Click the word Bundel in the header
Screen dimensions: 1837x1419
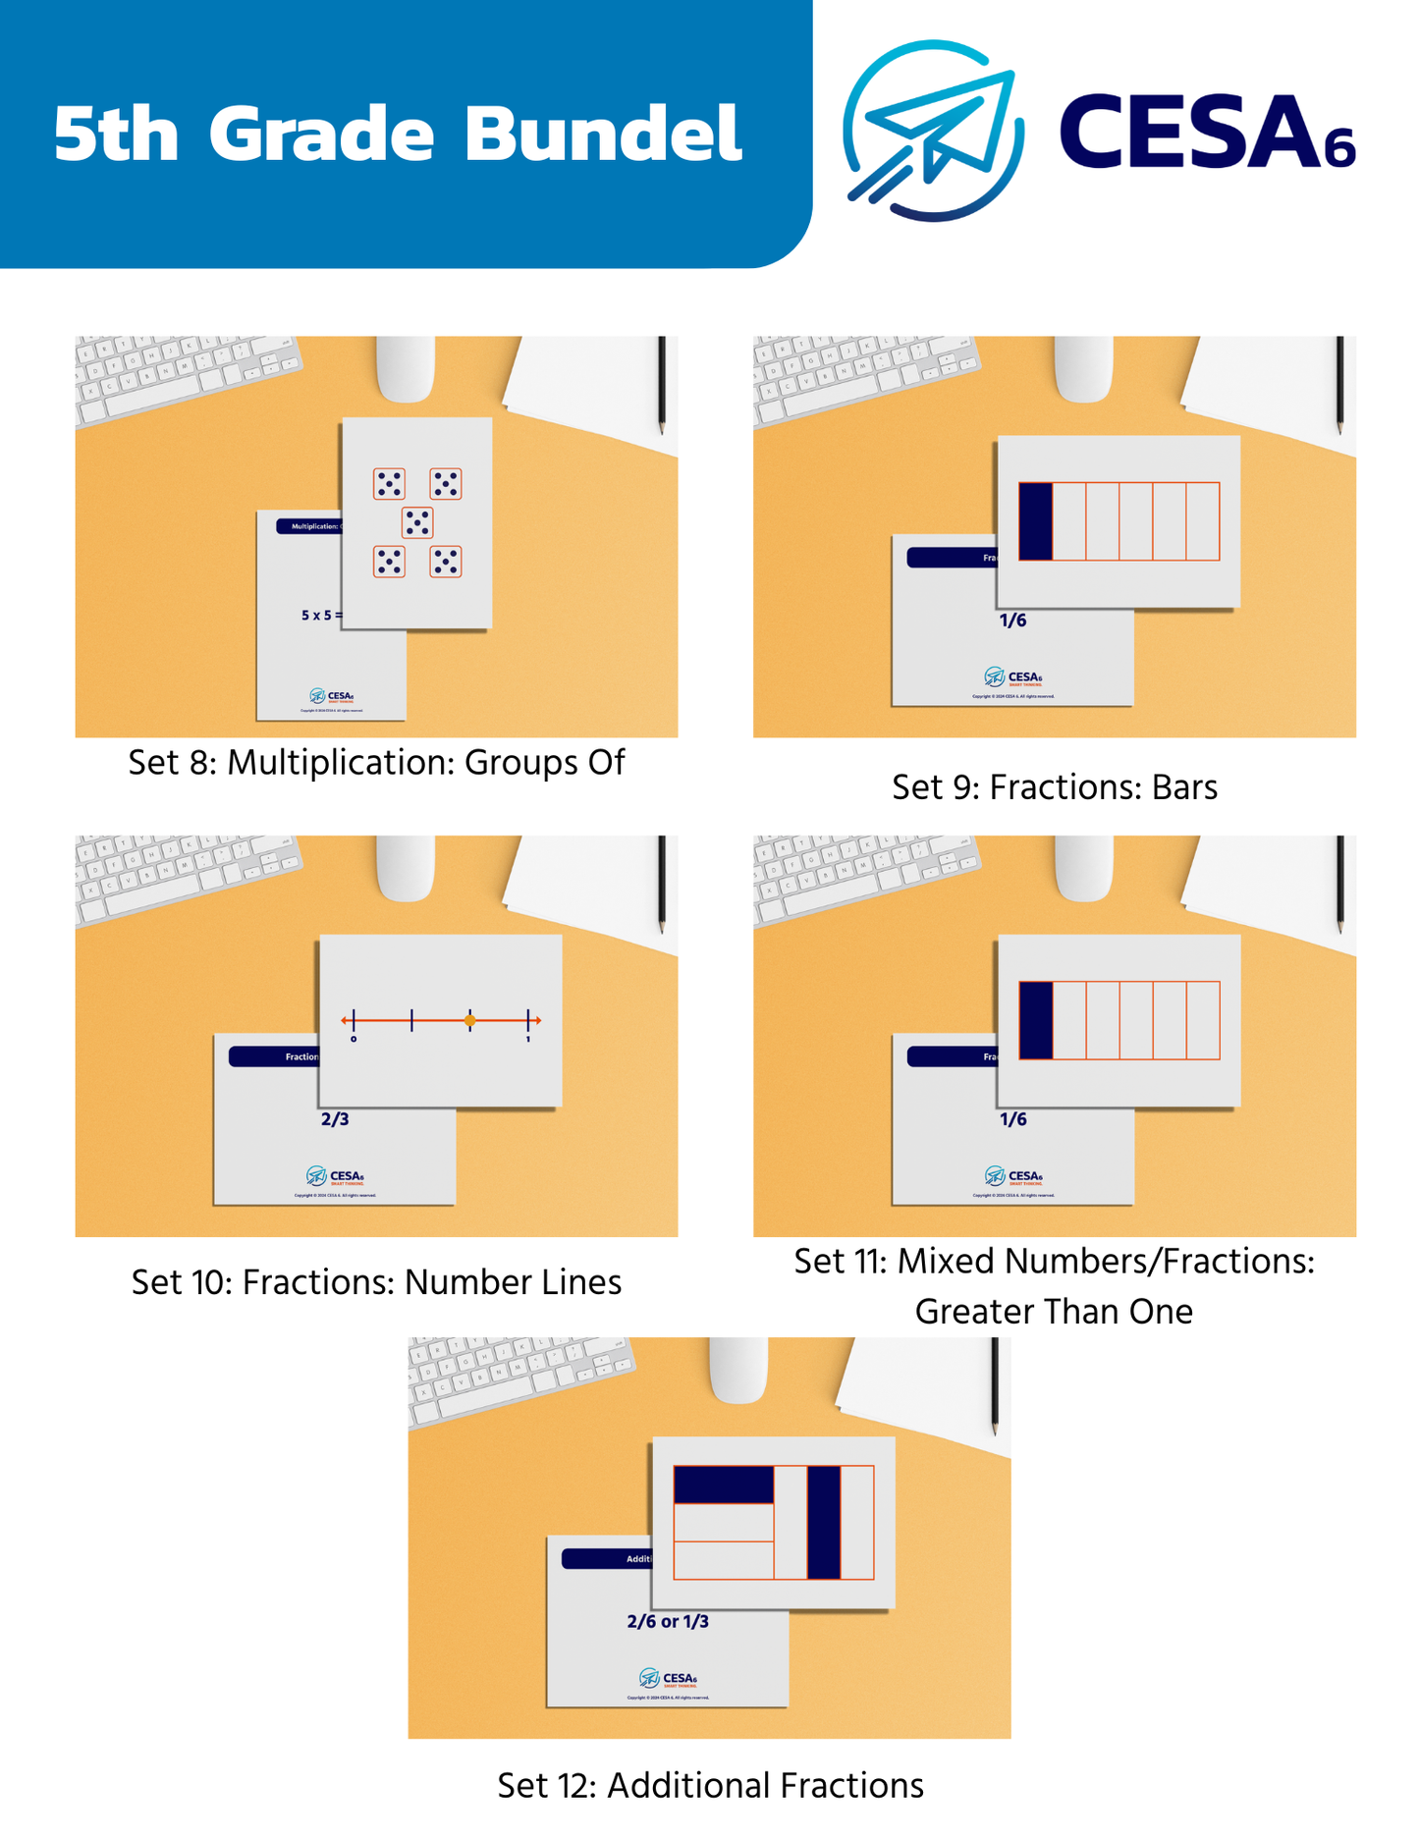click(603, 134)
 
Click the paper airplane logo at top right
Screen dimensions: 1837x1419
click(933, 131)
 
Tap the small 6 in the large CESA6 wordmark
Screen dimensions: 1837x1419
click(1338, 149)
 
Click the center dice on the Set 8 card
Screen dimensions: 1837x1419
click(417, 522)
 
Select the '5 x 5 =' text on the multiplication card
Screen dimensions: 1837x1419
click(321, 616)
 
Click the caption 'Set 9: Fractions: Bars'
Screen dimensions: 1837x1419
click(1054, 787)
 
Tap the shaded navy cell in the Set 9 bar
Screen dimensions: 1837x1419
click(1035, 521)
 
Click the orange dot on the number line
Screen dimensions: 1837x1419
click(469, 1021)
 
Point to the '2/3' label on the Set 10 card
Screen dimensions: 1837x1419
click(335, 1119)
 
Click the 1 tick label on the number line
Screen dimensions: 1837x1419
click(528, 1039)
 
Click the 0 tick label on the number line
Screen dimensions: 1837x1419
click(354, 1039)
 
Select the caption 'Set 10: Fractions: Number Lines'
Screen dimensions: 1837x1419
click(376, 1282)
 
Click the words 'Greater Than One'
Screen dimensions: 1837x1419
click(1054, 1312)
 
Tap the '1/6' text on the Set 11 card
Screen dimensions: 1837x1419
click(1012, 1119)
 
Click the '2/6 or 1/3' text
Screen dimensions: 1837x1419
click(668, 1621)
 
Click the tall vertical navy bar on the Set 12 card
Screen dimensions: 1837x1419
click(824, 1522)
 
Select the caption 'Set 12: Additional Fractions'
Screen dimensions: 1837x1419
click(710, 1785)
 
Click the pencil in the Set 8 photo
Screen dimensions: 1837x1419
click(662, 385)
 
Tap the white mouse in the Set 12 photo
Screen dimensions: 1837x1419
click(738, 1369)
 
